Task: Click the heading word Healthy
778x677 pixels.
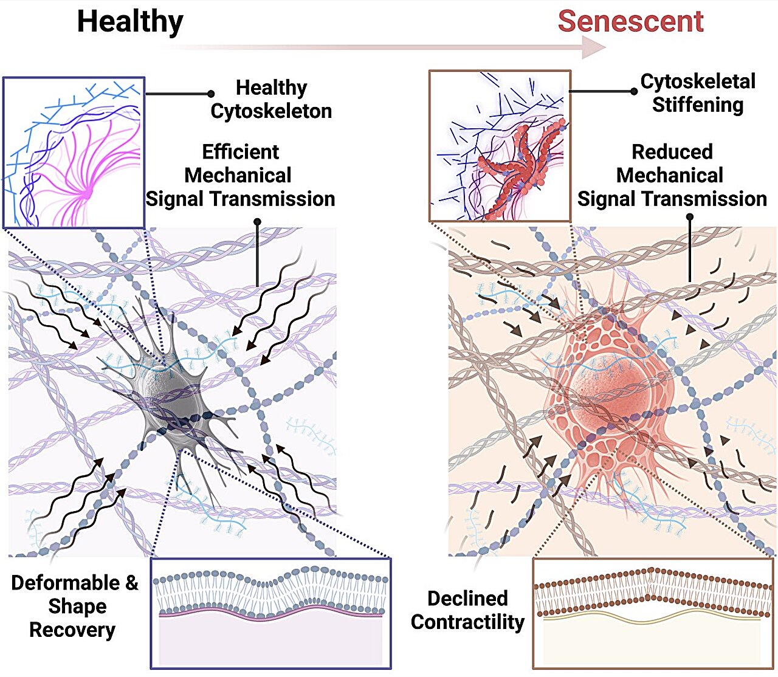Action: click(x=129, y=22)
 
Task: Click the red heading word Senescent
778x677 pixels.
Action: click(x=630, y=22)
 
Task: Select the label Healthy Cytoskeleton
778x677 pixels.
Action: click(x=271, y=99)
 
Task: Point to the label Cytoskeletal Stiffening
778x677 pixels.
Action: click(x=698, y=93)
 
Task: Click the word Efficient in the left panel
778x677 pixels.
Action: click(x=241, y=152)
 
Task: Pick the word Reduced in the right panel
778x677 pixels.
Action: click(x=672, y=152)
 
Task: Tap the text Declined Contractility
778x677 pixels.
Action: click(x=467, y=610)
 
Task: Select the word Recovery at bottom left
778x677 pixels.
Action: click(x=72, y=630)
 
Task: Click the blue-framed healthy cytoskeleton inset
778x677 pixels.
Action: click(x=74, y=152)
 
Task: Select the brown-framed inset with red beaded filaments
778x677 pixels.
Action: click(x=500, y=146)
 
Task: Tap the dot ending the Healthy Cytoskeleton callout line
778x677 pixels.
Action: click(x=211, y=94)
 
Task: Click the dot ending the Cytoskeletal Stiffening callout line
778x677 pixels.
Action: click(x=634, y=92)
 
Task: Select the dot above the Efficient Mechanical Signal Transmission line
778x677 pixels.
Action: click(x=257, y=222)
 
